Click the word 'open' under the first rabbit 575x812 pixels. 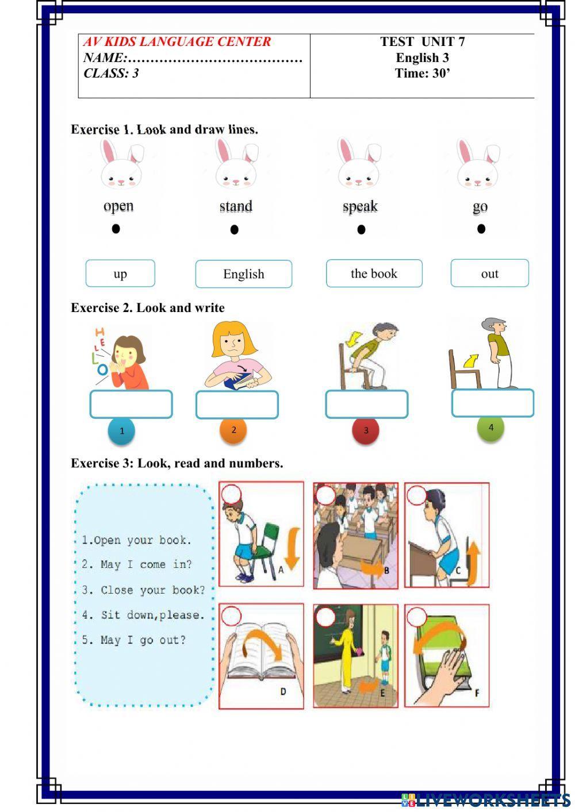coord(118,206)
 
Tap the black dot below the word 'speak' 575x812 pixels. coord(361,230)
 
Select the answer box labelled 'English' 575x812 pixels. coord(244,274)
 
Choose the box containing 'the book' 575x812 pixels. coord(374,274)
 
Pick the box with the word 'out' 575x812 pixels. coord(489,274)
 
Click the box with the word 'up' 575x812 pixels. coord(120,274)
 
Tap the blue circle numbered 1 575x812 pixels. coord(121,431)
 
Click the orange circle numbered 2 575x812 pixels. coord(233,430)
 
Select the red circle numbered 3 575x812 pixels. coord(366,430)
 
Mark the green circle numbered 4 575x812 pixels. coord(490,428)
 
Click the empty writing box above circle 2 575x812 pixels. coord(237,405)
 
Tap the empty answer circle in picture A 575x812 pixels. coord(231,494)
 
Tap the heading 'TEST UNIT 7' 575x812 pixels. coord(422,41)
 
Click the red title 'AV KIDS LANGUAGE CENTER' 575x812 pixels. coord(177,41)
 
